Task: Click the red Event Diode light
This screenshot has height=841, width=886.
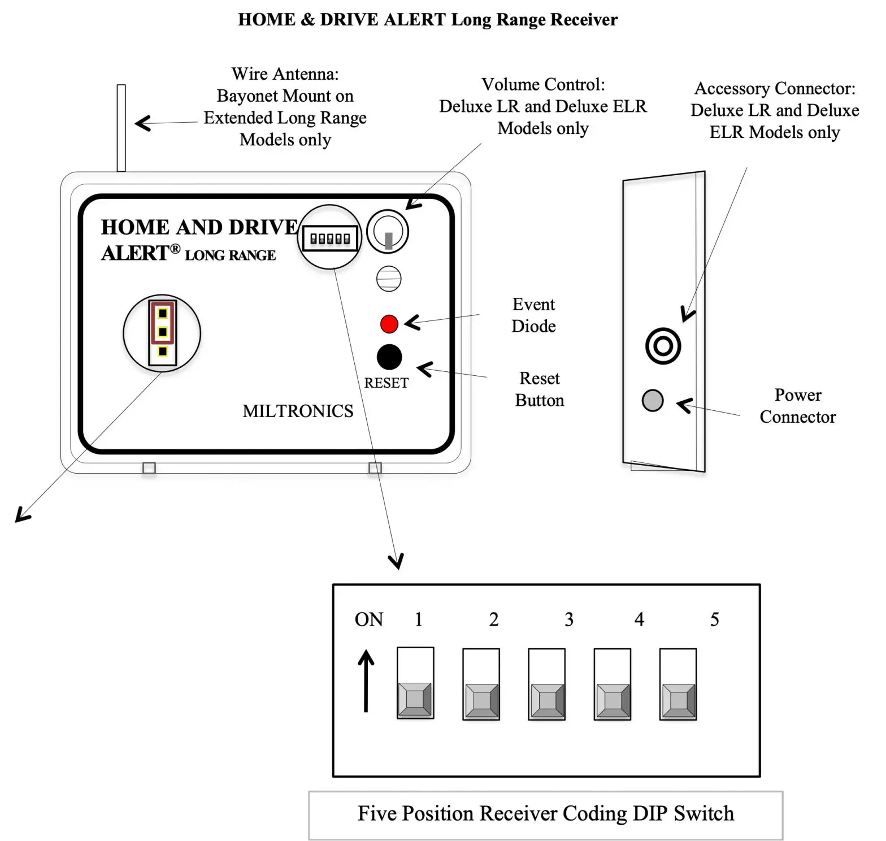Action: (389, 324)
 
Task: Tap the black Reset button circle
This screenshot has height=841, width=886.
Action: (389, 357)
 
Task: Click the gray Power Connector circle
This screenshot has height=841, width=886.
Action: (652, 400)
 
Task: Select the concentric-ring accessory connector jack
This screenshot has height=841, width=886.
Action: (662, 345)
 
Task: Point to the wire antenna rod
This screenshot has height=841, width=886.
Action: (121, 128)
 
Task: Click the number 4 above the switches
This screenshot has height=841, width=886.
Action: (639, 619)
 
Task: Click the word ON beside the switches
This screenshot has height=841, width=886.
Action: (369, 619)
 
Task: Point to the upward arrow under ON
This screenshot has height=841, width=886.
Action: (366, 680)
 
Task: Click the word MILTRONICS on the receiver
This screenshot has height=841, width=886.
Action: (298, 411)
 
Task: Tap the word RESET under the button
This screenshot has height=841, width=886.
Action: (386, 383)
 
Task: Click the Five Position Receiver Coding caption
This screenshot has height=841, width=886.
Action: (545, 814)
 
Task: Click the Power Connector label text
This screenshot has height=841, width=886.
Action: (797, 405)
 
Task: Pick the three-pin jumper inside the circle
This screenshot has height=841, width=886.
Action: (162, 332)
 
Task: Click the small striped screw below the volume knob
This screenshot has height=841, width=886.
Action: (389, 279)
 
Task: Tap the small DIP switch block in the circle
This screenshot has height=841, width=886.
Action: (330, 238)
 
